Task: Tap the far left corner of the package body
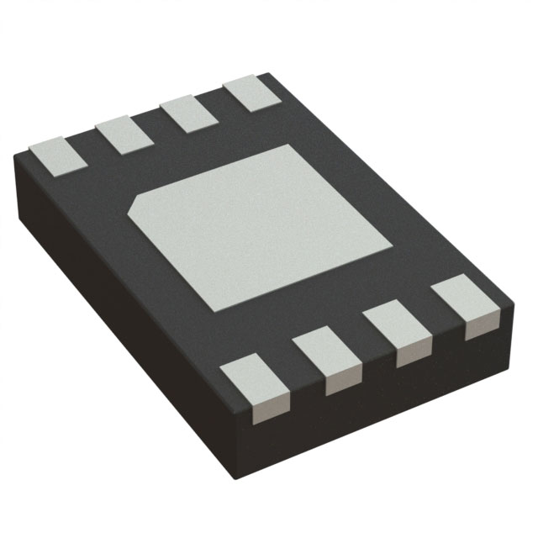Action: pyautogui.click(x=18, y=160)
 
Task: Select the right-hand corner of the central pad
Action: pyautogui.click(x=393, y=247)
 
